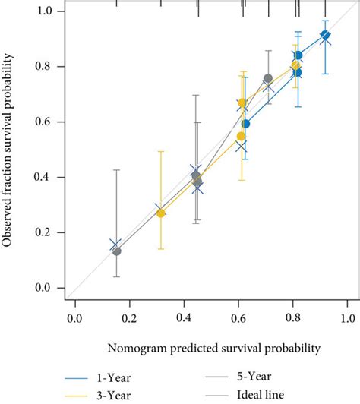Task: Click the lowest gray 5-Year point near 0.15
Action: coord(116,251)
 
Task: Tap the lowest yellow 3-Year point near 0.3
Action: coord(160,213)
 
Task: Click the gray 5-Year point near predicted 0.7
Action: coord(268,78)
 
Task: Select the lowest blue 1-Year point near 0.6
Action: coord(245,124)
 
